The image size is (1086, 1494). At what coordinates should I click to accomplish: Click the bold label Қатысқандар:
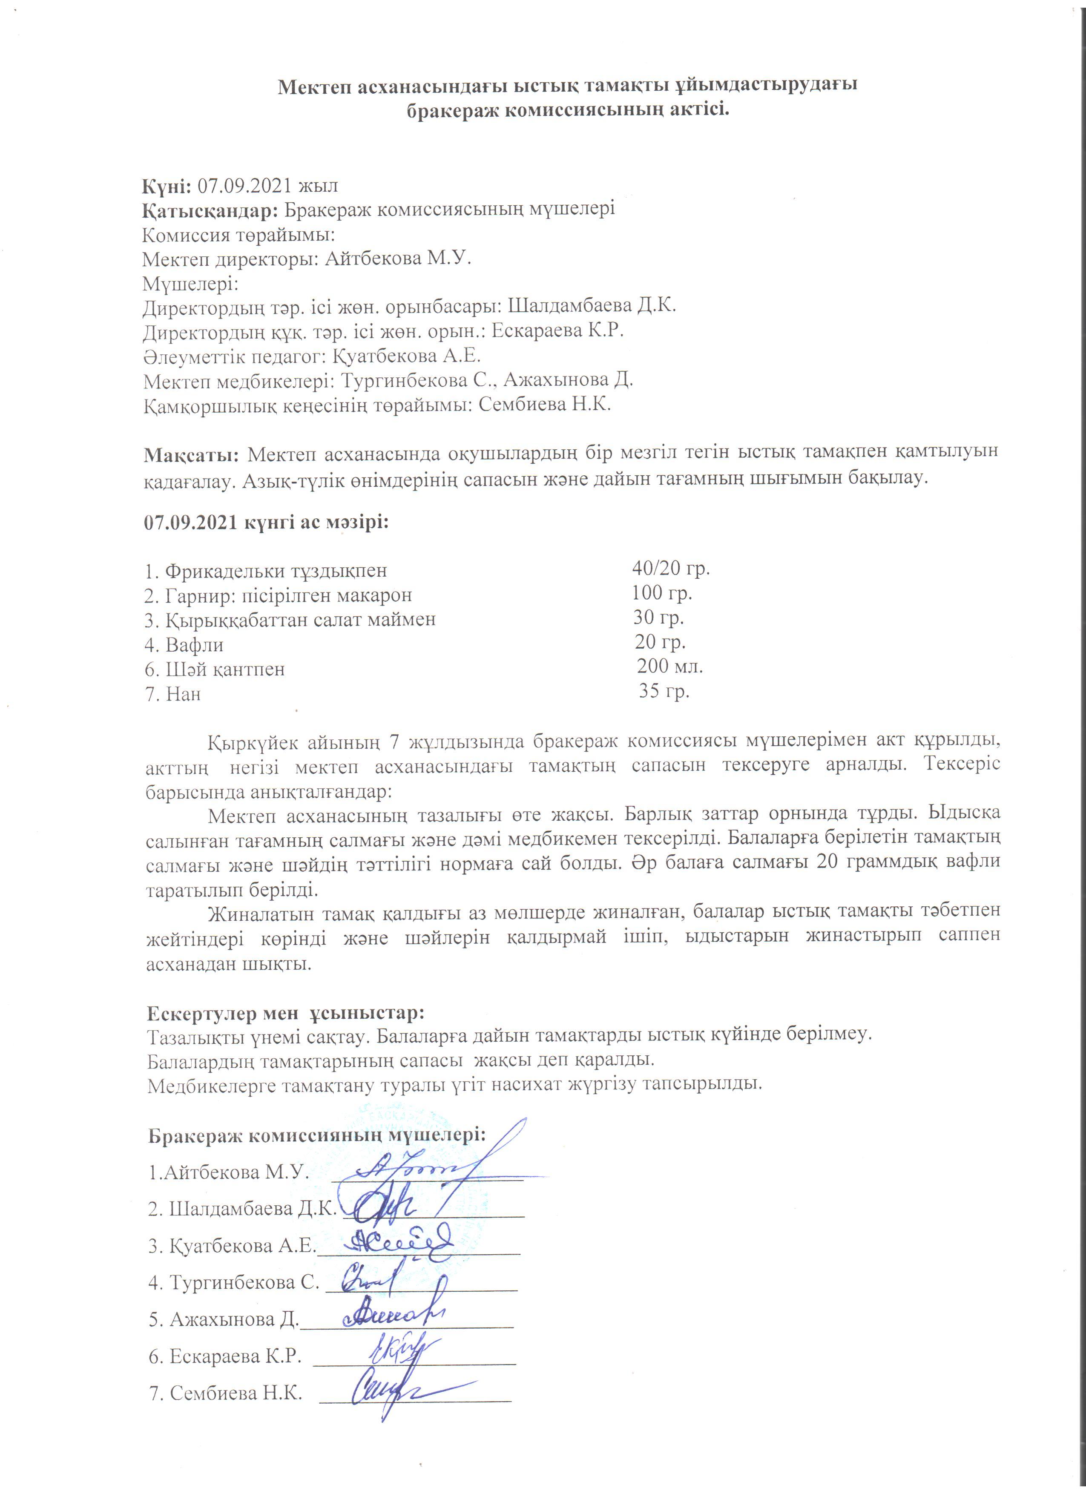211,210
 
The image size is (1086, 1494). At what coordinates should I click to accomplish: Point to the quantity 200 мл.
669,666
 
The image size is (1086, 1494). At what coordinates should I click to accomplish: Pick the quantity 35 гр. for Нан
664,691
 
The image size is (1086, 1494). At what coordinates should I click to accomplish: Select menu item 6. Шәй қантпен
215,669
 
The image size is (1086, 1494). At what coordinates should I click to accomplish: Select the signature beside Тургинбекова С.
369,1279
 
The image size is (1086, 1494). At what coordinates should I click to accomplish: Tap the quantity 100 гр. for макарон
661,592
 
